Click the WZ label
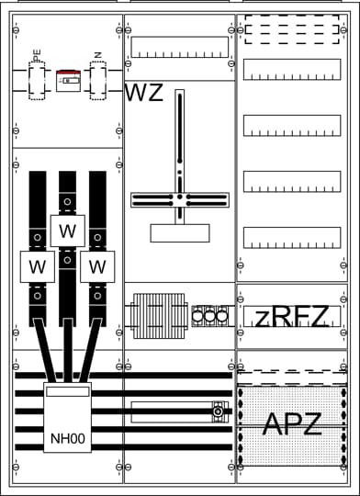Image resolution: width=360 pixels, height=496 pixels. (144, 93)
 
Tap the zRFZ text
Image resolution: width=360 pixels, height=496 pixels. (292, 317)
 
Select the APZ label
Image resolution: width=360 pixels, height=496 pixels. (292, 424)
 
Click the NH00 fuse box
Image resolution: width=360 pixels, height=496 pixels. (67, 417)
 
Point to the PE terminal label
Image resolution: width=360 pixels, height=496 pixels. (37, 55)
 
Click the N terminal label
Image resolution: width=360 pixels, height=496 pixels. (97, 55)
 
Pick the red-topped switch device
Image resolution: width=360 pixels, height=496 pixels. (68, 81)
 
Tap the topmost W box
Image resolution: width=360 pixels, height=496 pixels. (68, 231)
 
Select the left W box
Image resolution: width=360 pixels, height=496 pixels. (38, 266)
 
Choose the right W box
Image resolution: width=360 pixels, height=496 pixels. (97, 266)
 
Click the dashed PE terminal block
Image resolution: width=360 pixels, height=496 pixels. (37, 81)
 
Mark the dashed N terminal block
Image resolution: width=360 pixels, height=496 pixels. (97, 81)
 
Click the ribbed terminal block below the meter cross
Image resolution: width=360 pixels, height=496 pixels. (159, 316)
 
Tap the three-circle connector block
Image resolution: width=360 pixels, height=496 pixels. (209, 316)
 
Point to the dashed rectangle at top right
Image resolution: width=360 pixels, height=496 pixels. (292, 29)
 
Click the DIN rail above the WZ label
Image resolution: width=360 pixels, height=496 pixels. (179, 47)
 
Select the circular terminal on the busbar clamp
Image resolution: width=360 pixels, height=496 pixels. (218, 411)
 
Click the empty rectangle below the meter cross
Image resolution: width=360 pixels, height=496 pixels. (180, 233)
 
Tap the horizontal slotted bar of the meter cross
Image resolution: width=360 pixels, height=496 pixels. (180, 200)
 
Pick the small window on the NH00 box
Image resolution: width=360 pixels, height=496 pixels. (68, 391)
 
